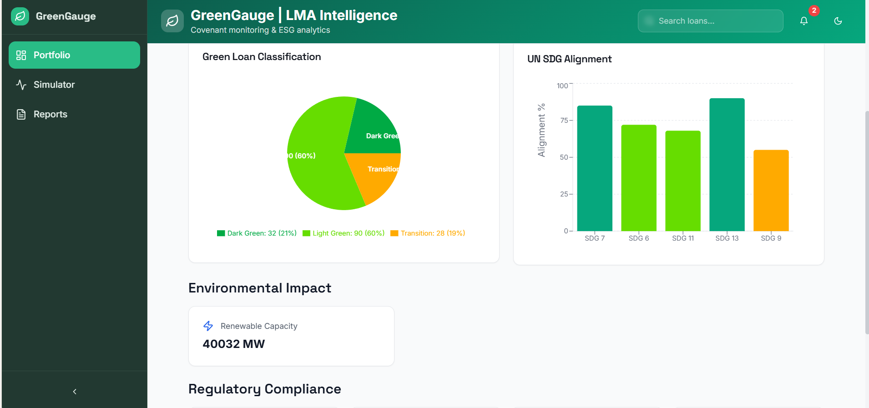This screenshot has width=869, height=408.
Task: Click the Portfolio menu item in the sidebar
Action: point(74,55)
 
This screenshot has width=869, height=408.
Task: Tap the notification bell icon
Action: point(804,21)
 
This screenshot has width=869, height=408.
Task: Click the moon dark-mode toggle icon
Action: point(838,21)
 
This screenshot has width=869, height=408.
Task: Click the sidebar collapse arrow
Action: point(75,392)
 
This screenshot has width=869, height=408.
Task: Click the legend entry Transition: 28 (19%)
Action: point(428,233)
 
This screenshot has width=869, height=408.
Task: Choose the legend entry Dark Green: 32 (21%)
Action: point(257,233)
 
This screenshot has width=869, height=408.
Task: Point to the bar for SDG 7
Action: point(594,168)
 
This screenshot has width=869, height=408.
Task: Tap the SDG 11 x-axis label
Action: point(683,238)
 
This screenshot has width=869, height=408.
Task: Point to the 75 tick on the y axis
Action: point(564,121)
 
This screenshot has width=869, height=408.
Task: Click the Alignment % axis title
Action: point(541,130)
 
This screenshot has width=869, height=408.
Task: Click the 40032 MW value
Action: point(233,344)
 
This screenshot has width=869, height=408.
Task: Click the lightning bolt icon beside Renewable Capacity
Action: point(208,326)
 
